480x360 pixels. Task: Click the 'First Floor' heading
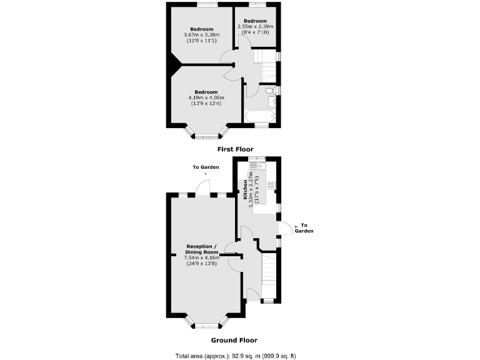point(235,149)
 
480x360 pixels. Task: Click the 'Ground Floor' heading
point(234,341)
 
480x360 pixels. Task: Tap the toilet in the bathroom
point(270,91)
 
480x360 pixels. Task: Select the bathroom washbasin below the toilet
point(270,101)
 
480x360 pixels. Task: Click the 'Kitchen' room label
point(244,189)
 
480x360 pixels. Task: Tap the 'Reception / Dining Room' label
point(203,249)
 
